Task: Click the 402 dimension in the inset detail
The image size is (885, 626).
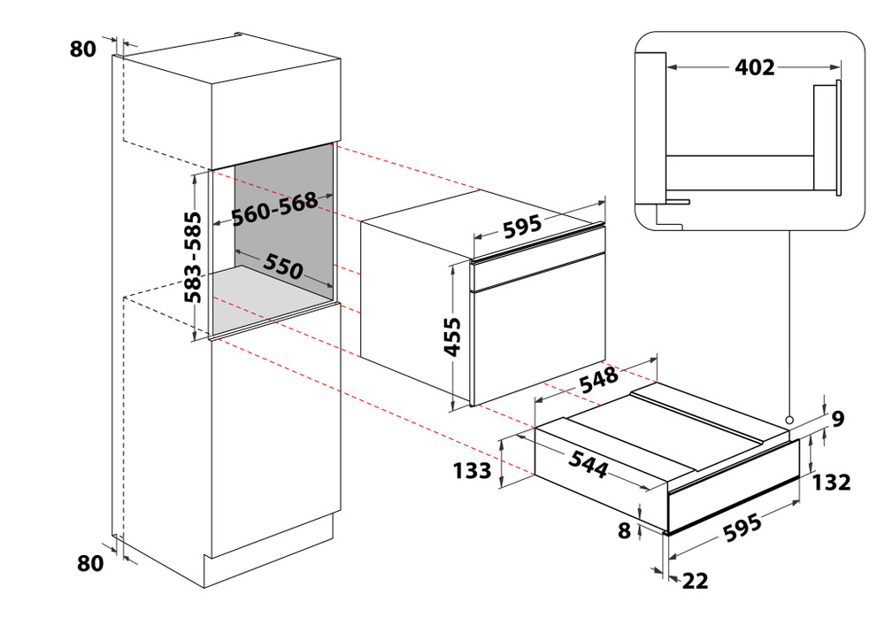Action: (754, 66)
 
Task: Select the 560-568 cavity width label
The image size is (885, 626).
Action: (274, 211)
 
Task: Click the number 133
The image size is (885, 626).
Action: (473, 470)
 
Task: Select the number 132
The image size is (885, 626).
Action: (833, 482)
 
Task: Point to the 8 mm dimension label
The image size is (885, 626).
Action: (625, 531)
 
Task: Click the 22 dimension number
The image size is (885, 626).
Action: (696, 581)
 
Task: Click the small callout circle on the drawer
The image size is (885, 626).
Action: (788, 420)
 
